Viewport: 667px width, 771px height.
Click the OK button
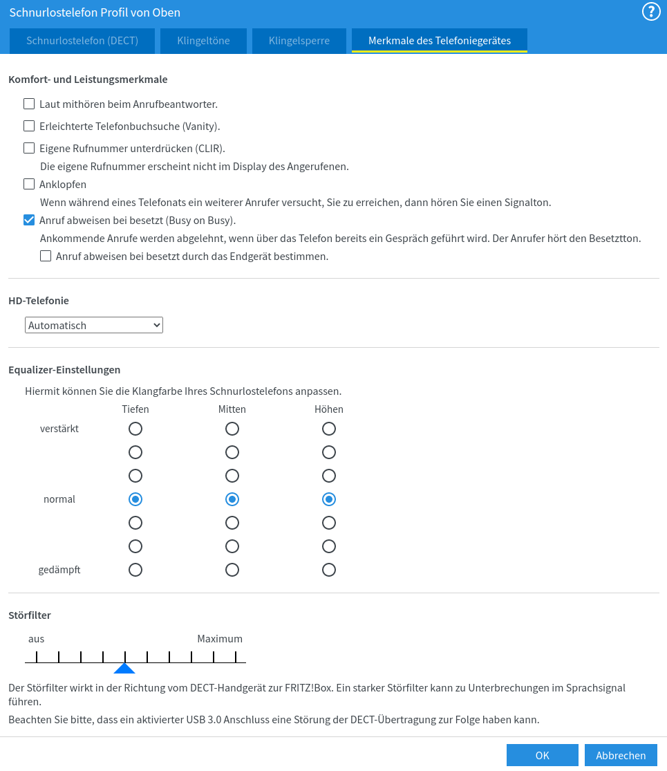coord(542,755)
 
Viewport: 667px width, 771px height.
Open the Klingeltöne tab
coord(203,41)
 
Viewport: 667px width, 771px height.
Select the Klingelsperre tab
coord(299,41)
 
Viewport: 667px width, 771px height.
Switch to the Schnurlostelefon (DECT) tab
coord(82,41)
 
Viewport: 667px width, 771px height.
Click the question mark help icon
coord(651,12)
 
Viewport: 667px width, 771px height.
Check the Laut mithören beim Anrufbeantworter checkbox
coord(29,104)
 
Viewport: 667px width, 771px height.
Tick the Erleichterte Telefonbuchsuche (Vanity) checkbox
coord(29,127)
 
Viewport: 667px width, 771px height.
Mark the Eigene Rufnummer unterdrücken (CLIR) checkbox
coord(29,148)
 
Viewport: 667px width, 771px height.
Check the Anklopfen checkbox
coord(29,185)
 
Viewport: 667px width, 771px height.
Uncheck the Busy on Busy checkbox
coord(29,221)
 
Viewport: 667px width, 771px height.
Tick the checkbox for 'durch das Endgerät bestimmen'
coord(46,257)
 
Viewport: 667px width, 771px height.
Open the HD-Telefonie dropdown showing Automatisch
coord(94,325)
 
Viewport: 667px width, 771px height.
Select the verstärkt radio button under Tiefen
coord(135,429)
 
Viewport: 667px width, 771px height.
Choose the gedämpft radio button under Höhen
coord(329,570)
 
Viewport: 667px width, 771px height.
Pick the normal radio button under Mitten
coord(232,499)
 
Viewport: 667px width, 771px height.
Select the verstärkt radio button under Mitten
coord(232,429)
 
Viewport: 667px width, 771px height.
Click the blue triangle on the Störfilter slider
coord(124,668)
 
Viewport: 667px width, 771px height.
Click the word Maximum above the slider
coord(220,639)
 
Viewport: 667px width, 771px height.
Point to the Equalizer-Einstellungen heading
coord(64,370)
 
